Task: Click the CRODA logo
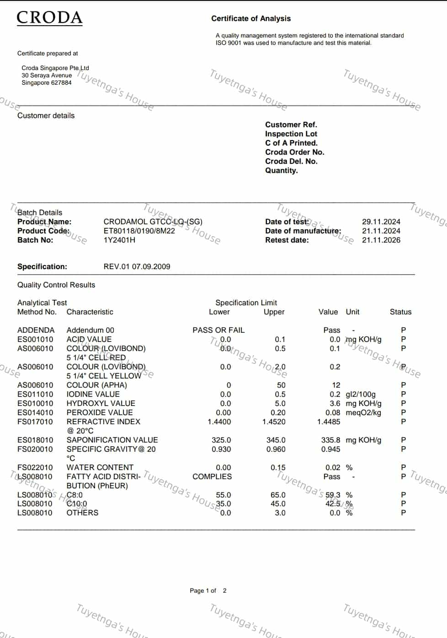(49, 18)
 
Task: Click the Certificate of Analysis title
(250, 19)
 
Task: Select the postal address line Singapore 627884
(47, 83)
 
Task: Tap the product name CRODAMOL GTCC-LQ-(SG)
(153, 222)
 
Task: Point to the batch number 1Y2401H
(119, 240)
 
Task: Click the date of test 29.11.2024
(381, 222)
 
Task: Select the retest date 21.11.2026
(381, 240)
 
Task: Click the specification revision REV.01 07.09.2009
(137, 266)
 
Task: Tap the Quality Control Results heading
(56, 285)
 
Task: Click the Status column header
(400, 312)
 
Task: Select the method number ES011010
(35, 394)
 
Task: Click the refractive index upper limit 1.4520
(274, 422)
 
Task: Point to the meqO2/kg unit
(363, 412)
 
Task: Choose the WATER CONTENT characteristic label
(100, 467)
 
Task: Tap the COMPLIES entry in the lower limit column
(212, 476)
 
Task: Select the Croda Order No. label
(294, 152)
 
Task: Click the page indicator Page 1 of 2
(208, 590)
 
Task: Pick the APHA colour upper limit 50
(281, 385)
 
